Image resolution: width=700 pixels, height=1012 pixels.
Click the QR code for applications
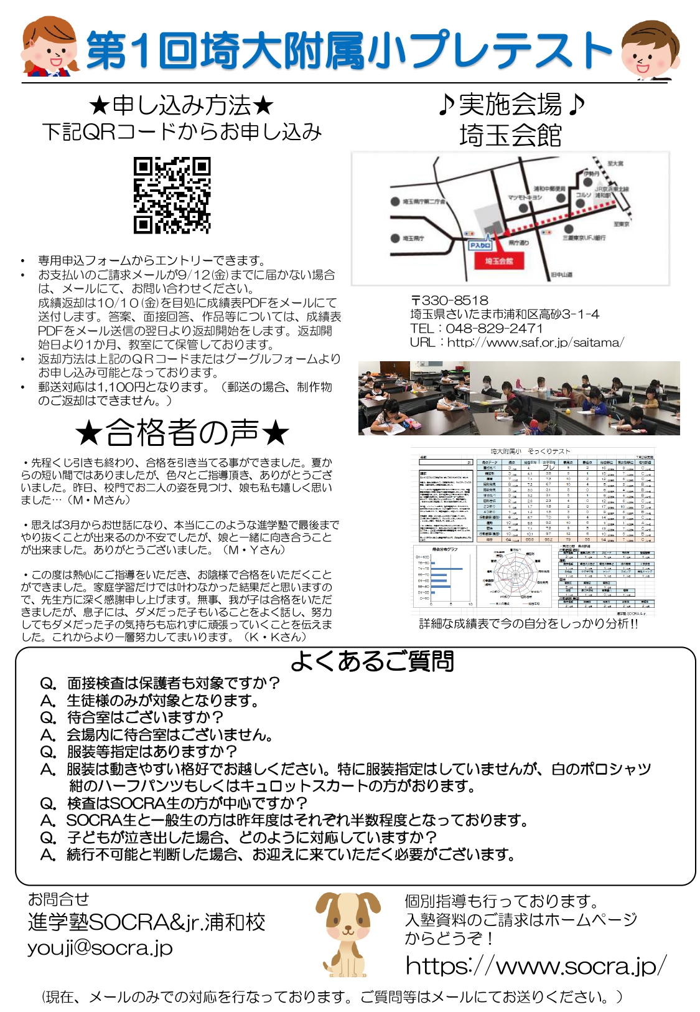pyautogui.click(x=172, y=196)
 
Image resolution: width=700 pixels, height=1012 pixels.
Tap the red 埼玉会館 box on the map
pyautogui.click(x=498, y=261)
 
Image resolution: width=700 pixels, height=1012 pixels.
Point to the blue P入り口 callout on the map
pyautogui.click(x=480, y=245)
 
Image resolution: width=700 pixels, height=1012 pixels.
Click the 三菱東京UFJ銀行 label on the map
pyautogui.click(x=584, y=238)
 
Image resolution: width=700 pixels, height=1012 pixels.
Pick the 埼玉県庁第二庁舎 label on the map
pyautogui.click(x=423, y=202)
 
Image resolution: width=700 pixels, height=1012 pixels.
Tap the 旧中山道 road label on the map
pyautogui.click(x=561, y=275)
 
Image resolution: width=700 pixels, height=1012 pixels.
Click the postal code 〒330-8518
pyautogui.click(x=449, y=301)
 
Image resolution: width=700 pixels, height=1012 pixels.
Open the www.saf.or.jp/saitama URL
pyautogui.click(x=535, y=343)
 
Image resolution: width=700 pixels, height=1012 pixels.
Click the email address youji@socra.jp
pyautogui.click(x=100, y=948)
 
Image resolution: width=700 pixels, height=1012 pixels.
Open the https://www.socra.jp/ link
pyautogui.click(x=535, y=966)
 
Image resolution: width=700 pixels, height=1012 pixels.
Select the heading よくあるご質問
pyautogui.click(x=372, y=661)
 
